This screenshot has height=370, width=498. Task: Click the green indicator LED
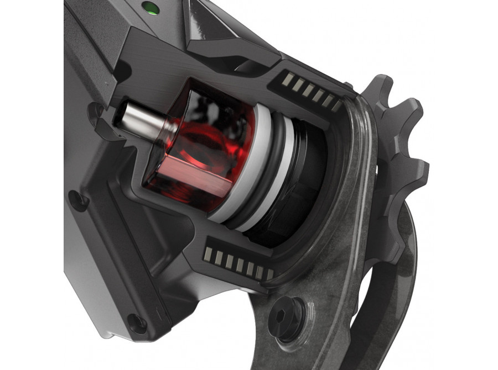point(148,8)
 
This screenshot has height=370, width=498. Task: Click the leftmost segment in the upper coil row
point(288,80)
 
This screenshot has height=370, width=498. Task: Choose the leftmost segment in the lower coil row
point(208,253)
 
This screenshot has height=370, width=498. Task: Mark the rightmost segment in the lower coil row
point(270,274)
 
